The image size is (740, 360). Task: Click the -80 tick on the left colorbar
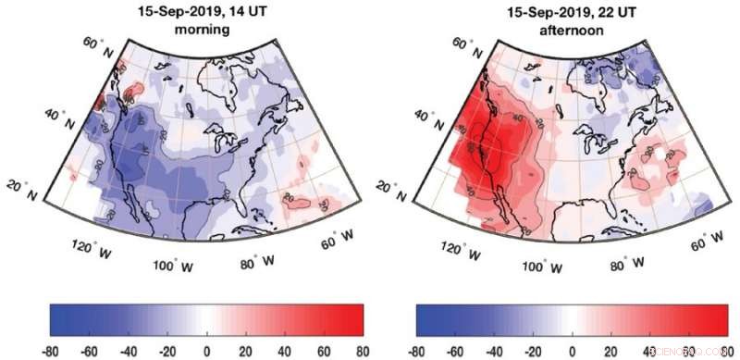50,351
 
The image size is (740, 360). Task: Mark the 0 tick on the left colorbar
206,351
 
